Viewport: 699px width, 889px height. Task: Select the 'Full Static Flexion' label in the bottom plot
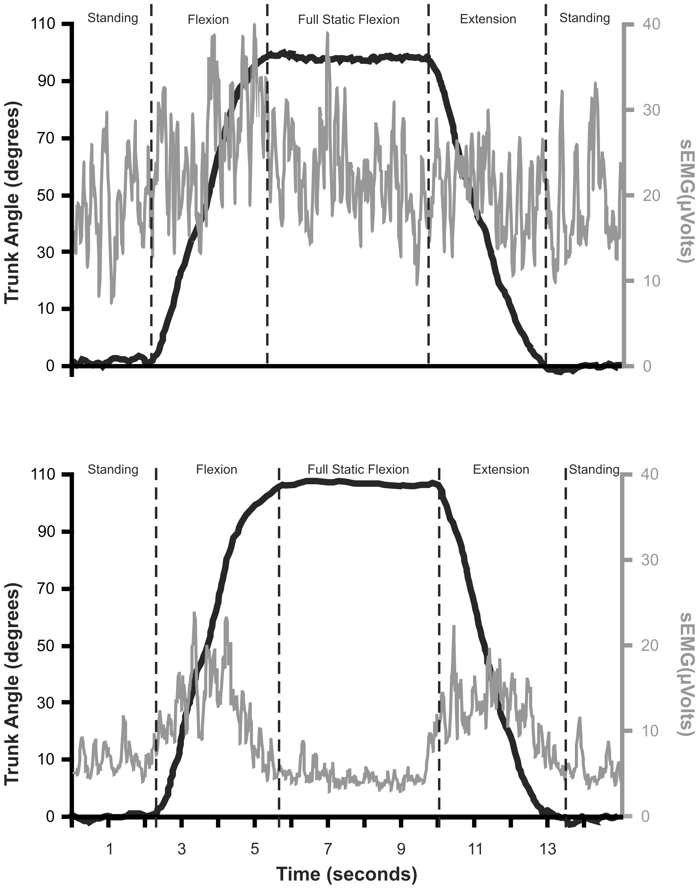(358, 469)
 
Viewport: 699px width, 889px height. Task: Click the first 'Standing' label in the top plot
(113, 18)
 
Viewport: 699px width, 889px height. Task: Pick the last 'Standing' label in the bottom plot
(594, 469)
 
